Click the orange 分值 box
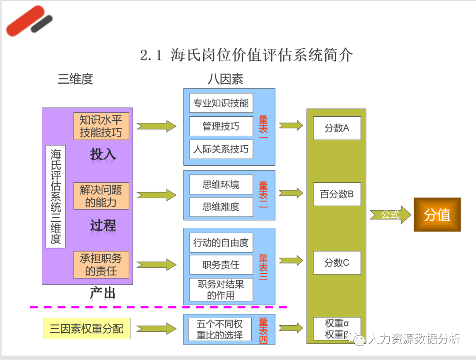pyautogui.click(x=437, y=215)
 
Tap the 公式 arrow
pyautogui.click(x=390, y=215)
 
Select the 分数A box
pyautogui.click(x=337, y=128)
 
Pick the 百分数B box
pyautogui.click(x=337, y=194)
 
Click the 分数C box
pyautogui.click(x=337, y=263)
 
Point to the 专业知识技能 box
pyautogui.click(x=221, y=103)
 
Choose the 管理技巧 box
pyautogui.click(x=221, y=126)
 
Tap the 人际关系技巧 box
pyautogui.click(x=221, y=149)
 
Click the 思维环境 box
pyautogui.click(x=221, y=185)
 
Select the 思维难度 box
pyautogui.click(x=221, y=207)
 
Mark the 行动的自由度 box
pyautogui.click(x=221, y=242)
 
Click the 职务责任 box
pyautogui.click(x=221, y=265)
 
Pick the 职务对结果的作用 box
pyautogui.click(x=221, y=289)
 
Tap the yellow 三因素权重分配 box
pyautogui.click(x=86, y=329)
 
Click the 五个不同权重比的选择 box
pyautogui.click(x=219, y=329)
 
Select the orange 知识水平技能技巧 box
pyautogui.click(x=101, y=126)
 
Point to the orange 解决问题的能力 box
pyautogui.click(x=101, y=196)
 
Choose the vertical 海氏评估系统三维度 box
pyautogui.click(x=56, y=197)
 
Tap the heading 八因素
pyautogui.click(x=225, y=79)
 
